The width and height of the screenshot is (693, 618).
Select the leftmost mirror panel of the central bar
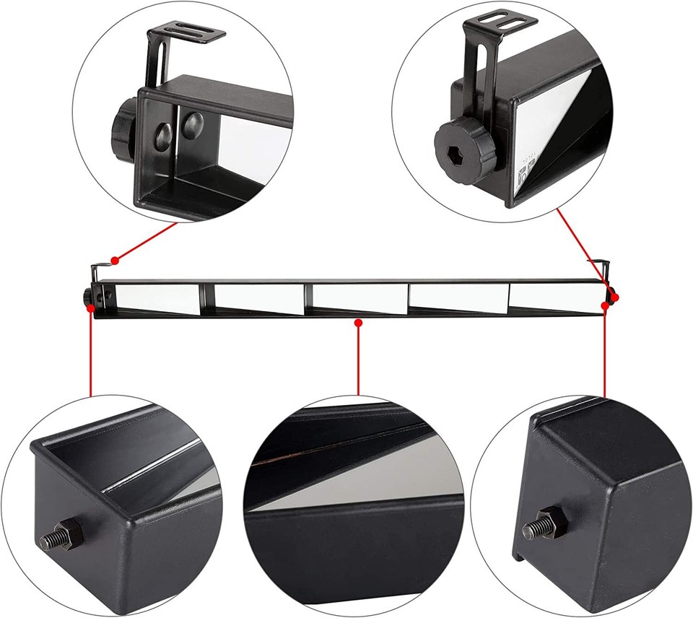coord(159,297)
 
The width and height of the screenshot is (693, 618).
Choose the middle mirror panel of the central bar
coord(359,297)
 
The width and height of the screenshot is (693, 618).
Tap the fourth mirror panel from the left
coord(456,297)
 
